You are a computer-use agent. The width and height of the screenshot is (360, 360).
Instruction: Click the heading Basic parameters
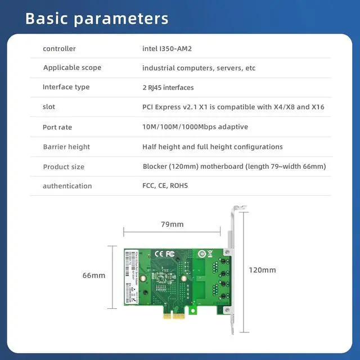pyautogui.click(x=97, y=18)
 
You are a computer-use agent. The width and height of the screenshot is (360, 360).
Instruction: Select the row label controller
pyautogui.click(x=59, y=49)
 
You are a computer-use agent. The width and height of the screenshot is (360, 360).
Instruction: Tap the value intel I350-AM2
pyautogui.click(x=167, y=49)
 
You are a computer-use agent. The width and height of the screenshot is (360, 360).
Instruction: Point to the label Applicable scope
pyautogui.click(x=72, y=68)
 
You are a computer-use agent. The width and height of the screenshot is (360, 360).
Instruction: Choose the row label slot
pyautogui.click(x=49, y=107)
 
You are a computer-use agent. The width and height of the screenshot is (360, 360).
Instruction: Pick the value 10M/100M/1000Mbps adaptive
pyautogui.click(x=195, y=127)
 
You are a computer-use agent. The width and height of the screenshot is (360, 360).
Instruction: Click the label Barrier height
pyautogui.click(x=66, y=147)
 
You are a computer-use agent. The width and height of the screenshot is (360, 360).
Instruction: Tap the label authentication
pyautogui.click(x=67, y=186)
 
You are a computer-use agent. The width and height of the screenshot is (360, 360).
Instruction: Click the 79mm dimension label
pyautogui.click(x=172, y=224)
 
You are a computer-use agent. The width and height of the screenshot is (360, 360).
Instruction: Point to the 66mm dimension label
pyautogui.click(x=94, y=276)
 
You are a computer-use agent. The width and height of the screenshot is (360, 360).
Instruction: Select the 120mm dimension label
pyautogui.click(x=262, y=270)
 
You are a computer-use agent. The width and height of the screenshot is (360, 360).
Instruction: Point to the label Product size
pyautogui.click(x=64, y=167)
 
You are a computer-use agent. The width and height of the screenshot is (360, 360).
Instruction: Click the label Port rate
pyautogui.click(x=57, y=127)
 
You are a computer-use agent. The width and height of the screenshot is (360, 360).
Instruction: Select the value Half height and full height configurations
pyautogui.click(x=213, y=147)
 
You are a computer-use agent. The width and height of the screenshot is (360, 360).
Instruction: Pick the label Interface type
pyautogui.click(x=66, y=87)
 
